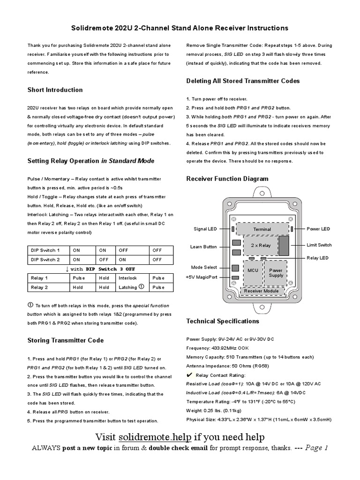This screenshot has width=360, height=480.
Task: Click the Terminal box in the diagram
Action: (262, 229)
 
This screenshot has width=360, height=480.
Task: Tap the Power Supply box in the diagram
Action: (276, 273)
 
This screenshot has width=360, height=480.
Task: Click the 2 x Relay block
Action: (261, 245)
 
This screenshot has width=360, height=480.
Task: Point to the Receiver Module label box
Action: (262, 291)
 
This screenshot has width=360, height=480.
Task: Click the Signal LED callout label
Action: (205, 229)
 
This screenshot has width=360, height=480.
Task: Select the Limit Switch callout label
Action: (319, 245)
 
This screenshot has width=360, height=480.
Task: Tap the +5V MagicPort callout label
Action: (202, 277)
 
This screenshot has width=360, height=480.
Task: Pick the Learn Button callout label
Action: (203, 247)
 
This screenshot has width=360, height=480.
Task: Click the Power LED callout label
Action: (319, 229)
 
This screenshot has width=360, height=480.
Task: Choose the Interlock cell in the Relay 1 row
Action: (128, 278)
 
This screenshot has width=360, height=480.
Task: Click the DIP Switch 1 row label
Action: (45, 250)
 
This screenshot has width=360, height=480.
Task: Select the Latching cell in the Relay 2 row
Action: (128, 287)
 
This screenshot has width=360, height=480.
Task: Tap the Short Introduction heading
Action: (55, 90)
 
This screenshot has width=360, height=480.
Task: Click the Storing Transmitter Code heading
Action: (66, 340)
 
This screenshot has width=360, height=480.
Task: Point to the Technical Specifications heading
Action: (223, 321)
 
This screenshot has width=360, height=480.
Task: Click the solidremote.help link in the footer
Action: (155, 437)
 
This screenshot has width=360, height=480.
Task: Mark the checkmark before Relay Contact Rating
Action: (189, 375)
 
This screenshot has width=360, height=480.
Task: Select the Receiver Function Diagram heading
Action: (227, 179)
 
